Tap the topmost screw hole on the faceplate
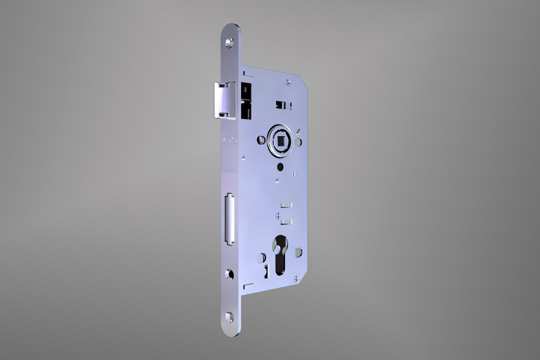[x=230, y=42]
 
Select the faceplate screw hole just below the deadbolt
[x=229, y=274]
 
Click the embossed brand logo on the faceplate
[x=229, y=141]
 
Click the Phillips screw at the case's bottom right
[x=296, y=277]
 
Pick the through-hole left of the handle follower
[x=260, y=140]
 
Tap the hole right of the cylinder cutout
[x=298, y=252]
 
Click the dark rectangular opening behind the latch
[x=245, y=100]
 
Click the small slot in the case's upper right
[x=282, y=104]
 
